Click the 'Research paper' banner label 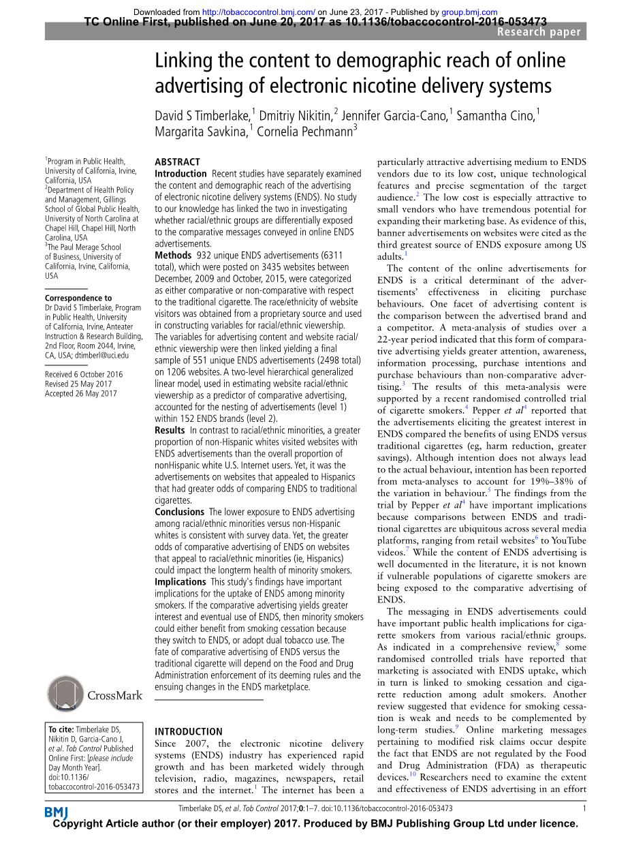pos(539,32)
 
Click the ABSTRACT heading pos(177,162)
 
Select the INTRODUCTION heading pos(189,731)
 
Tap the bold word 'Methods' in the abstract pos(173,255)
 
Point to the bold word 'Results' pos(170,430)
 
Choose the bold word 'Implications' pos(180,582)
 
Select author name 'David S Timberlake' pos(202,115)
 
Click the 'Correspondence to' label pos(78,298)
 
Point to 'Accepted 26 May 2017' pos(80,393)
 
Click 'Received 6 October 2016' pos(84,374)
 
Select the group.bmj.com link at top pos(469,12)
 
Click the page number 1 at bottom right pos(584,808)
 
